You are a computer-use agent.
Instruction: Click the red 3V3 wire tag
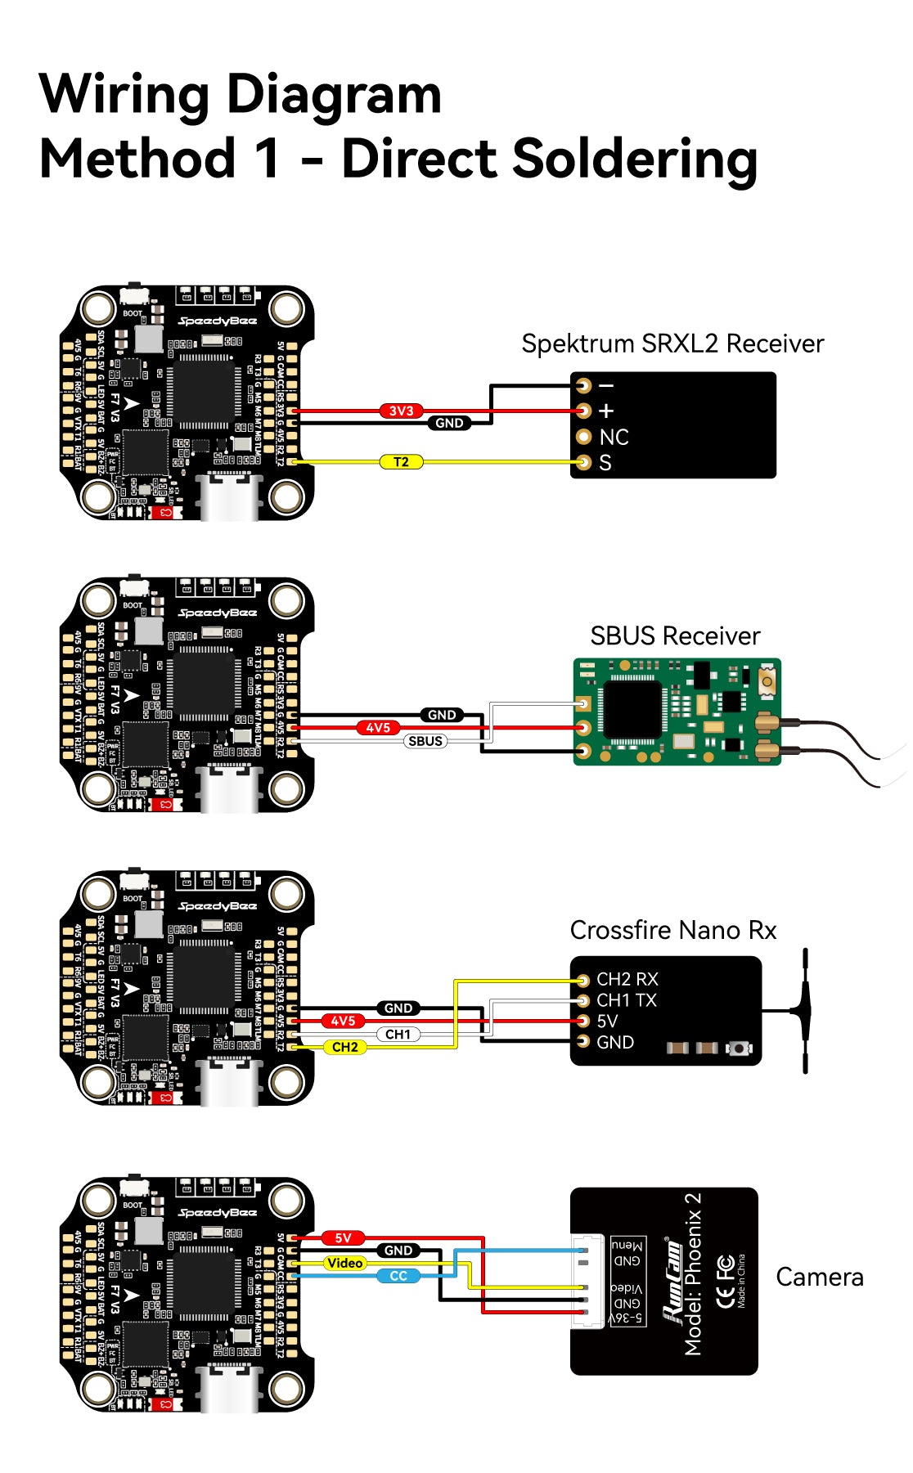pos(401,411)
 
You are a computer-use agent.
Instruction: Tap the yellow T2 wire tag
pos(401,462)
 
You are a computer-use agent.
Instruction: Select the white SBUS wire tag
pos(425,741)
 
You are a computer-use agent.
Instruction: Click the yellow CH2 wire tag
pos(344,1047)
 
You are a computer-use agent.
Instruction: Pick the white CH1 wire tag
pos(398,1034)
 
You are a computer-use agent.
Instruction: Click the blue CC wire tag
pos(398,1276)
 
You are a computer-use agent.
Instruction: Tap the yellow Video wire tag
pos(344,1263)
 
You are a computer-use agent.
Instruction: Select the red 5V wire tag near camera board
pos(343,1237)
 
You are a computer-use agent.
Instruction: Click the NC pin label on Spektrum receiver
pos(614,437)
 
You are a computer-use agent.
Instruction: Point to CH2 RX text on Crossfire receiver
pos(627,979)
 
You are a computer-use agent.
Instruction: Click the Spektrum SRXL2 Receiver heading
pos(672,344)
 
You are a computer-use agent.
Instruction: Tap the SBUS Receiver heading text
pos(675,635)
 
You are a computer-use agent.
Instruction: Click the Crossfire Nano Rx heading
pos(672,930)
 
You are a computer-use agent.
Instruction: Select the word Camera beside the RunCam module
pos(819,1277)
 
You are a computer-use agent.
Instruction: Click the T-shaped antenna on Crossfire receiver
pos(804,1011)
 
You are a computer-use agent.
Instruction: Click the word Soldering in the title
pos(635,159)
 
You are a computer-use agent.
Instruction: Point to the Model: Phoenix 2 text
pos(693,1273)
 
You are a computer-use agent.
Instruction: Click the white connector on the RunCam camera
pos(588,1280)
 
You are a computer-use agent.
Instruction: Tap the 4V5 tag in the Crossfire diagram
pos(343,1021)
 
